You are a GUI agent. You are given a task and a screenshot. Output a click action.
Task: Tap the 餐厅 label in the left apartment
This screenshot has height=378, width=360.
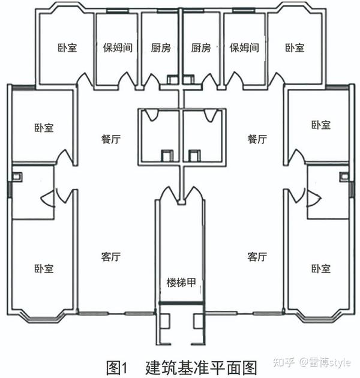110,139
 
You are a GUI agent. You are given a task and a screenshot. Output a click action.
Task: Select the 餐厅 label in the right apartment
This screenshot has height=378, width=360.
257,139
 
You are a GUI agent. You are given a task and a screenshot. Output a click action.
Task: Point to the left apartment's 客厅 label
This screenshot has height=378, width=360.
110,257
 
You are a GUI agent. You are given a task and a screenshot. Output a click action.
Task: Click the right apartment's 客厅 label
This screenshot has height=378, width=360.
257,257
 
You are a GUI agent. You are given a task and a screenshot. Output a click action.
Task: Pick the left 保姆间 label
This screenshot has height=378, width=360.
118,47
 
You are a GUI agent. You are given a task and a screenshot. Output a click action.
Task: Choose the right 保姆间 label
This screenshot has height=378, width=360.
244,47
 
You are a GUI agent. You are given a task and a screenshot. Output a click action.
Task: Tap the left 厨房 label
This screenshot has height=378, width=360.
160,47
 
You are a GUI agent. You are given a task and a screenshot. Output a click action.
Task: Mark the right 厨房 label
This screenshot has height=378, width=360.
201,47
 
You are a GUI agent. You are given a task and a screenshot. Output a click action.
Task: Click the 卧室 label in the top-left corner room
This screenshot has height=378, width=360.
67,47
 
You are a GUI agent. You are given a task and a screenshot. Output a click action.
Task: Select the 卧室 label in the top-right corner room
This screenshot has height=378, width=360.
295,47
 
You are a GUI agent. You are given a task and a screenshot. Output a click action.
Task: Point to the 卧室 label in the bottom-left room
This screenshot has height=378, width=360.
44,268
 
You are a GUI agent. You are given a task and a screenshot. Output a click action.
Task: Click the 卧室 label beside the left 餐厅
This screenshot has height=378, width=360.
44,127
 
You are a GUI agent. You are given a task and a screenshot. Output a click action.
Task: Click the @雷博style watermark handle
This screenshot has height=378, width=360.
326,362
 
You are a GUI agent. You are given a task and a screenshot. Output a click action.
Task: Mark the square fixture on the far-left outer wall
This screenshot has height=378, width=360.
17,177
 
